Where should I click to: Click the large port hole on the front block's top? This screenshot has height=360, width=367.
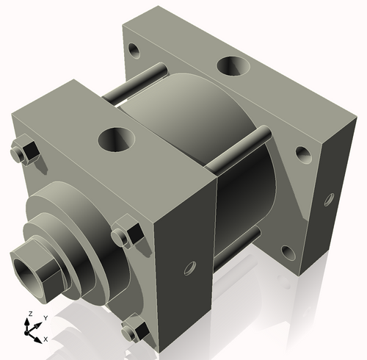click(116, 138)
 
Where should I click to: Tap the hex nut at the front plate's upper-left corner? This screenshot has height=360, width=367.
click(26, 152)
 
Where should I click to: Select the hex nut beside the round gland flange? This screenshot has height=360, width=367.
click(126, 234)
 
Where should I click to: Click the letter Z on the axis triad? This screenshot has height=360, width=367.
click(29, 314)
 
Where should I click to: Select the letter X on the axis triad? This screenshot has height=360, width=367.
click(46, 339)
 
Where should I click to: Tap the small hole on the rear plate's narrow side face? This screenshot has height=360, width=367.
click(329, 198)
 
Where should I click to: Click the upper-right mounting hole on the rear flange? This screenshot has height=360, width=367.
click(303, 155)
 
